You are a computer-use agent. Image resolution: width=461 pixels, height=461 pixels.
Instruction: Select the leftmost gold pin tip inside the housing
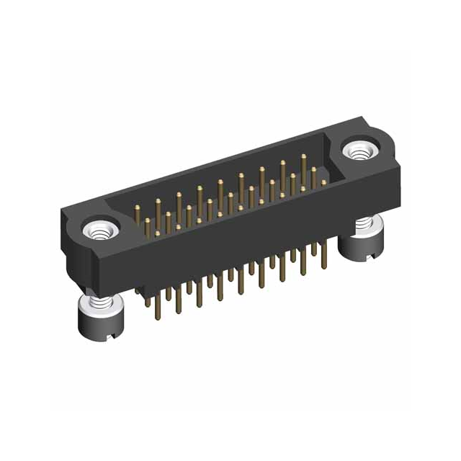(138, 209)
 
